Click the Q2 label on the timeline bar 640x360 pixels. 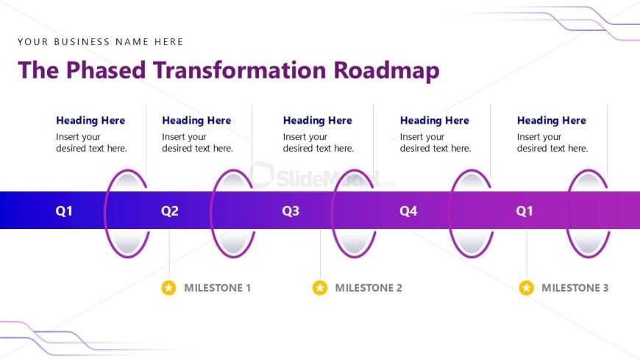click(170, 211)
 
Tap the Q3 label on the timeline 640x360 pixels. click(291, 211)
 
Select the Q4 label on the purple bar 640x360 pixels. click(408, 211)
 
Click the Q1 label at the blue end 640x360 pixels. click(65, 211)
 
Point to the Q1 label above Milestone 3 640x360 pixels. click(524, 211)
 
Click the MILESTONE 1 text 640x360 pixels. click(217, 288)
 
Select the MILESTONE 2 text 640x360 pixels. click(369, 288)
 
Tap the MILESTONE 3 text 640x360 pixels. click(575, 288)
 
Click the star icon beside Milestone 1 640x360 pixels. click(169, 288)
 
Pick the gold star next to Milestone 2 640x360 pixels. click(320, 288)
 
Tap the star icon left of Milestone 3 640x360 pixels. click(526, 288)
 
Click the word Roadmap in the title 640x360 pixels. click(386, 70)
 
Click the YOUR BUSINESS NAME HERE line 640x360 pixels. click(100, 42)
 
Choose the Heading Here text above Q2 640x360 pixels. click(196, 121)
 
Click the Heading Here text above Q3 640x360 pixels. click(317, 121)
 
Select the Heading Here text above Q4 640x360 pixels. click(434, 121)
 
